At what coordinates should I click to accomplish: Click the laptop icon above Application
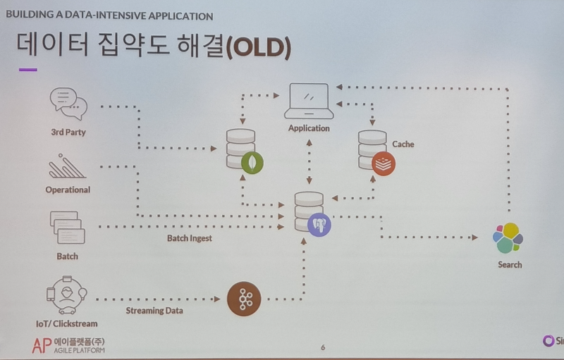309,101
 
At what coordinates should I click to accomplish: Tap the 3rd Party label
68,132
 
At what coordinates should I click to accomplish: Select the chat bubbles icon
68,104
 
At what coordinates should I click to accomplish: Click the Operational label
68,190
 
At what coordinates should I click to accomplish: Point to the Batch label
68,256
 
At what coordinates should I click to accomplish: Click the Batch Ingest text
190,238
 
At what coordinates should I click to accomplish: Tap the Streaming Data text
155,310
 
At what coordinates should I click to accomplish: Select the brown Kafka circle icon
244,299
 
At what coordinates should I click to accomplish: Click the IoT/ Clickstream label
66,324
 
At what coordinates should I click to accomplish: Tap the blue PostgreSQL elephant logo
319,225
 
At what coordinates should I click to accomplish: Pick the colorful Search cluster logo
508,238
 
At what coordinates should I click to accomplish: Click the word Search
510,265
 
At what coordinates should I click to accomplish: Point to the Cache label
403,144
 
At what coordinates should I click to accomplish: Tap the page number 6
323,347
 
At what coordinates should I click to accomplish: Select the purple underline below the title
28,70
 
